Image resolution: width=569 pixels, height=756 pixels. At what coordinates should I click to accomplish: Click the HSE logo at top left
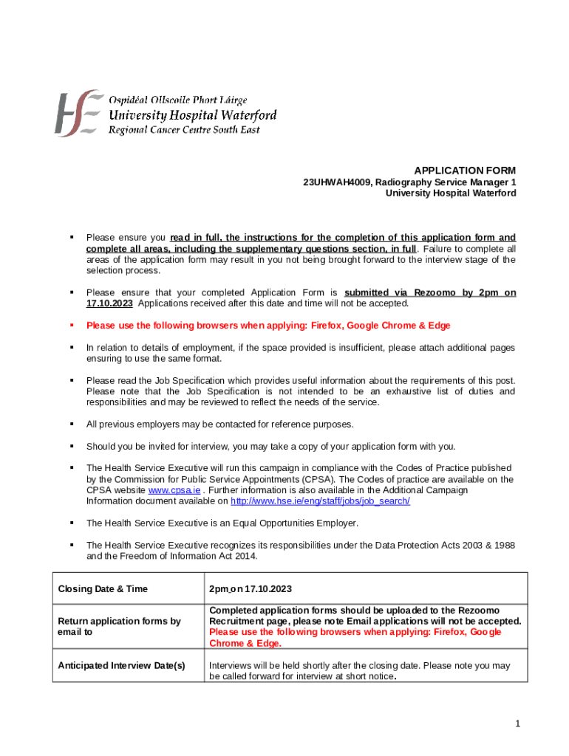(x=77, y=113)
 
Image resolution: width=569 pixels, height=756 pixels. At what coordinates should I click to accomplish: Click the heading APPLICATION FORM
(x=465, y=170)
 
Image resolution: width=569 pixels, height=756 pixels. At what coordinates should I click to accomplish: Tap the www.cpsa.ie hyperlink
(x=174, y=490)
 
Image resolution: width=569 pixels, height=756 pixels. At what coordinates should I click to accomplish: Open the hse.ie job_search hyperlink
(x=320, y=501)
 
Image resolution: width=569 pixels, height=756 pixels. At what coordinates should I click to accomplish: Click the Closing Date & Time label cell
(x=103, y=588)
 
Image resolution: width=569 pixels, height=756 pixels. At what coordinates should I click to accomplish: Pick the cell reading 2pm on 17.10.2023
(x=251, y=588)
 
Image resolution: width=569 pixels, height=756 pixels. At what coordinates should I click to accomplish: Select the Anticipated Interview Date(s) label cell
(x=121, y=666)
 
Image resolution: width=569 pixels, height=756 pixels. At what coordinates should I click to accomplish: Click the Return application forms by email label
(x=119, y=627)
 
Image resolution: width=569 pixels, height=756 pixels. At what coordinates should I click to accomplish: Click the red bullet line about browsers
(x=268, y=326)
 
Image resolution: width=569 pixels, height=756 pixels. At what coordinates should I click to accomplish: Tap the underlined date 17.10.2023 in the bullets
(x=110, y=303)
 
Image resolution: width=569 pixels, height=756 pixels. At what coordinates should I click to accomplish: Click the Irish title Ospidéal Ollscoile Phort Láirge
(x=178, y=100)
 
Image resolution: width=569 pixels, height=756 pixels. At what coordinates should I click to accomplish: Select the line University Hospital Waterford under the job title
(x=451, y=193)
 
